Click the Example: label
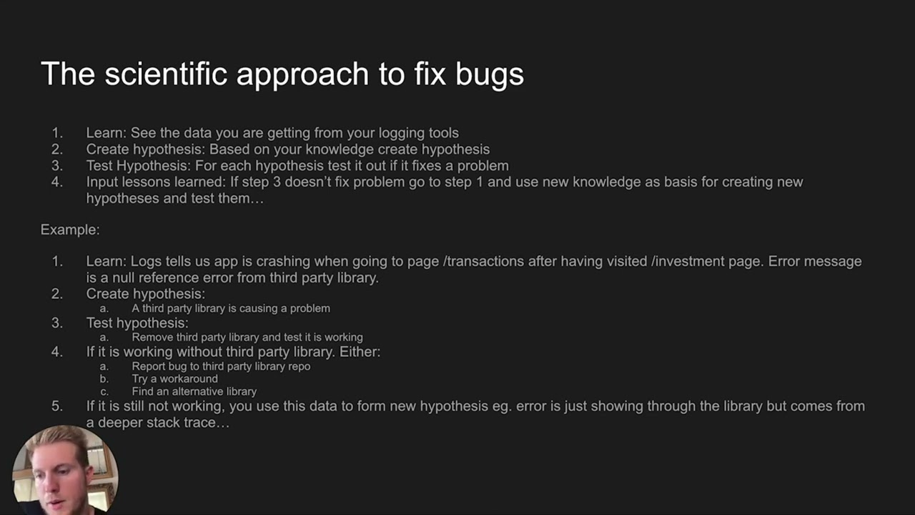(x=70, y=230)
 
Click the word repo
(x=299, y=366)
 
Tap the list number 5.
(x=57, y=406)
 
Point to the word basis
(x=683, y=182)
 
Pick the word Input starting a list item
(x=102, y=182)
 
